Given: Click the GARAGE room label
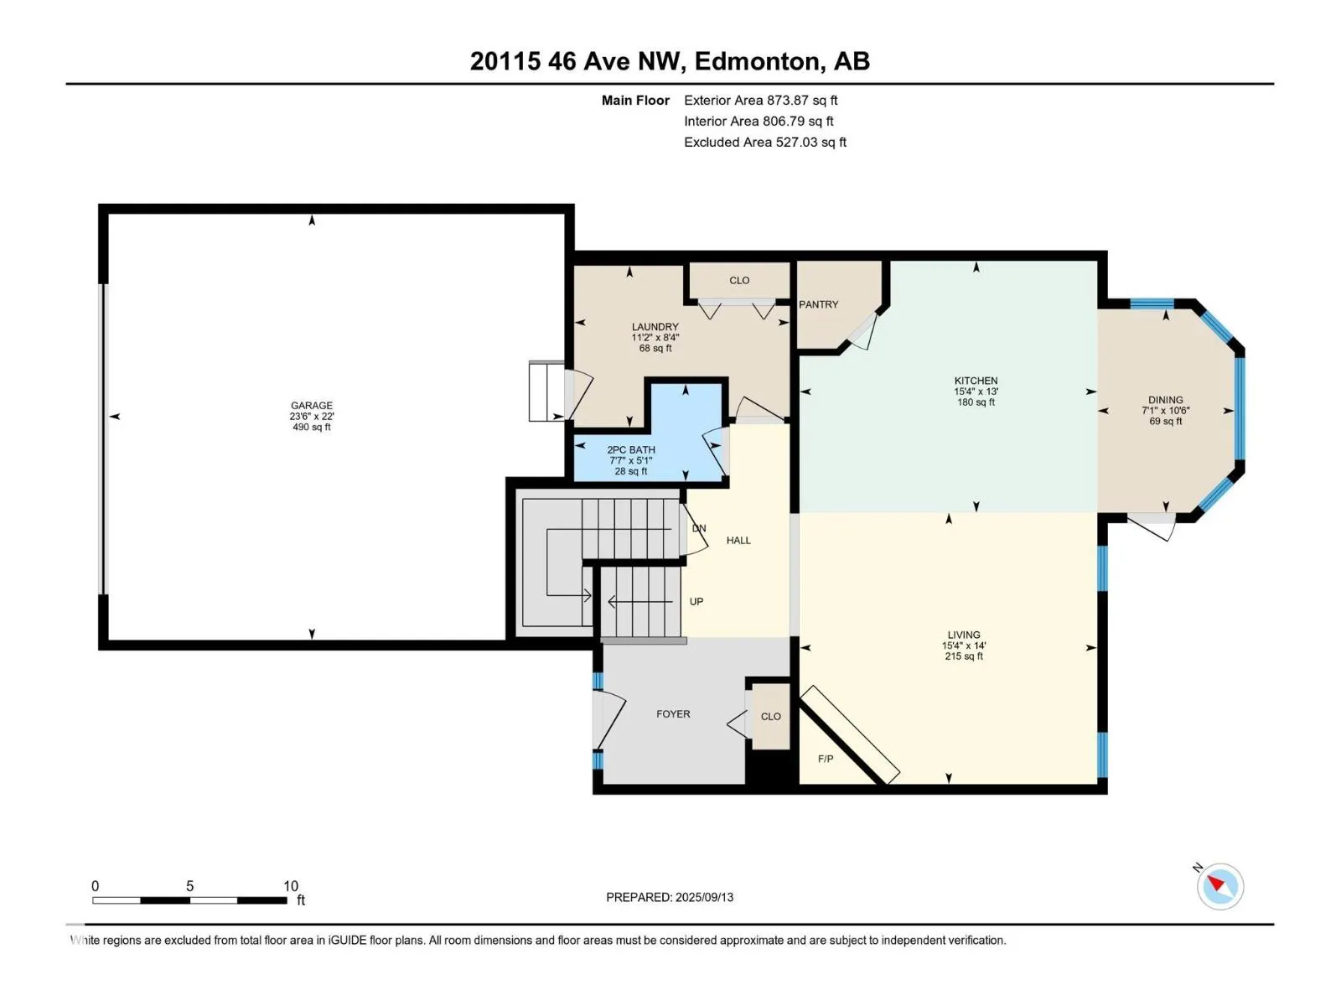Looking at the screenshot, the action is point(312,405).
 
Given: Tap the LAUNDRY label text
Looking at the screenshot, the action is point(655,327).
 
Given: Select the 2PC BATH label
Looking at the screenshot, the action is point(631,449).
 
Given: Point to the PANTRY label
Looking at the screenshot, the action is point(819,304).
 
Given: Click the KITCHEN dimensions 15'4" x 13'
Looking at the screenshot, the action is point(976,392).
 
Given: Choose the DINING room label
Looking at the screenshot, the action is point(1166,400).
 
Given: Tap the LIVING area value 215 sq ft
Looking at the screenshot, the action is point(964,656).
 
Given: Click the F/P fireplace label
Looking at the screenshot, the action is point(826,759).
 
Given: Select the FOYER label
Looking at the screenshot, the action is point(673,713).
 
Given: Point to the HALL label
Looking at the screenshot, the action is point(738,540).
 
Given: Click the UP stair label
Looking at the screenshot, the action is point(696,602).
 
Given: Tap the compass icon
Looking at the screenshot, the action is point(1220,886).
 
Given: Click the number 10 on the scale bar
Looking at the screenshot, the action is point(291,885).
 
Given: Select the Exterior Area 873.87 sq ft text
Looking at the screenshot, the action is point(761,100).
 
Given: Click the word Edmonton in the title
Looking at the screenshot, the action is point(756,61).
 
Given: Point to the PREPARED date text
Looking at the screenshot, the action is point(670,897).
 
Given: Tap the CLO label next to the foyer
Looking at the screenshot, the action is point(771,716).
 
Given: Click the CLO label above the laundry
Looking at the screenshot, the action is point(739,280).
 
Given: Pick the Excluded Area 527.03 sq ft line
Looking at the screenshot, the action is point(765,142).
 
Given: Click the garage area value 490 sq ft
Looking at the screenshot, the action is point(312,427).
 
